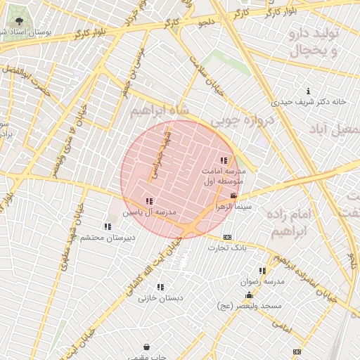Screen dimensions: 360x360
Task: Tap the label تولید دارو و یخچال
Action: (314, 43)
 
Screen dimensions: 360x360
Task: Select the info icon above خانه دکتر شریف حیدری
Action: (308, 91)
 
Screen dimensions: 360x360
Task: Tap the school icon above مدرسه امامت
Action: (224, 161)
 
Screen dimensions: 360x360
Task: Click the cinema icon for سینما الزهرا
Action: (233, 195)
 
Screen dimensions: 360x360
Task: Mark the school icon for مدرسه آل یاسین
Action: (148, 202)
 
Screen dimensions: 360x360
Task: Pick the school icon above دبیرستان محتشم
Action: (108, 226)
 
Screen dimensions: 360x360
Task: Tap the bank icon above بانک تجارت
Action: (226, 237)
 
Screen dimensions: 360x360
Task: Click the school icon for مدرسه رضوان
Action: (262, 271)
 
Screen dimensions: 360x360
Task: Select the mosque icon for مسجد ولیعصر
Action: (249, 295)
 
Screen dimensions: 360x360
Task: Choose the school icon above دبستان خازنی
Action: (160, 287)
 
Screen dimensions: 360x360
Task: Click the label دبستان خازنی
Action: (160, 297)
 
